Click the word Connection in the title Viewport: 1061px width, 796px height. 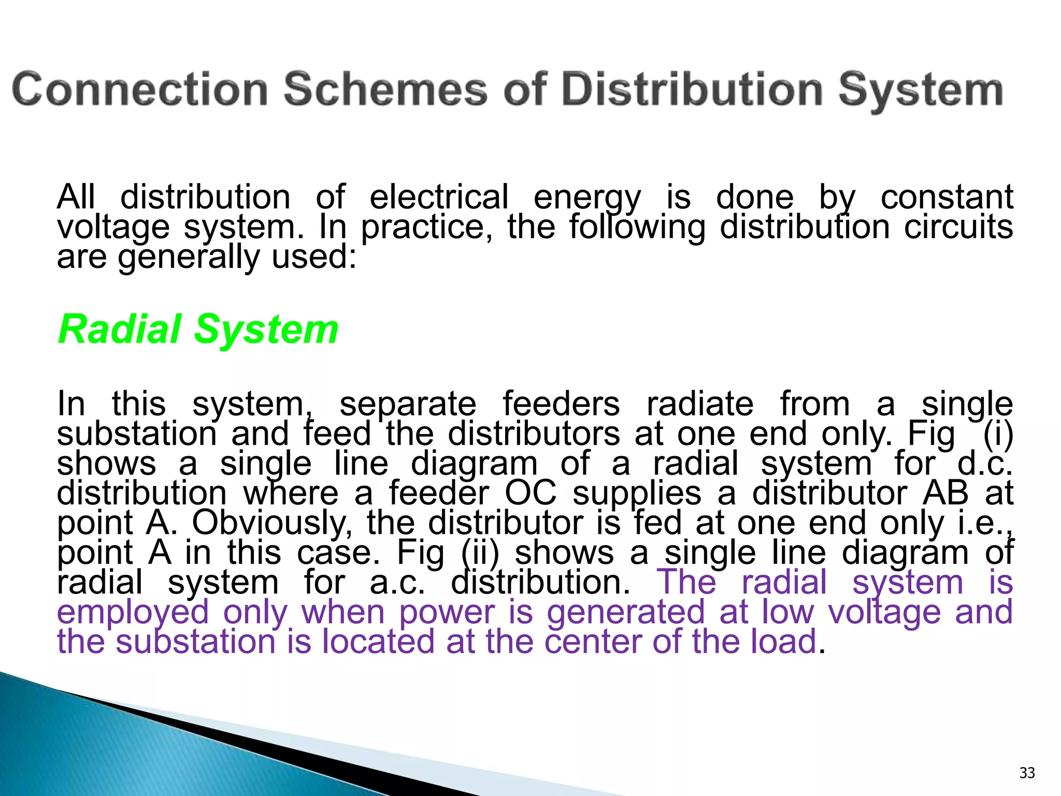140,90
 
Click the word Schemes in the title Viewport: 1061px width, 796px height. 385,90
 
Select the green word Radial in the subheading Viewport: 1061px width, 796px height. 120,329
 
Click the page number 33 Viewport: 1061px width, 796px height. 1027,773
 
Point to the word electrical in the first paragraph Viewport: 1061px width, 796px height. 439,197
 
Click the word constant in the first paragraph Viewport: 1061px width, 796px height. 947,197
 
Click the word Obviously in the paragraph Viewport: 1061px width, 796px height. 273,522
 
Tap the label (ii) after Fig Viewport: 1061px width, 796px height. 480,552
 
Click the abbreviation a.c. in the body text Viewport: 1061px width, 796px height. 397,582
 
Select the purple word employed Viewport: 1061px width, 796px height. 133,612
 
